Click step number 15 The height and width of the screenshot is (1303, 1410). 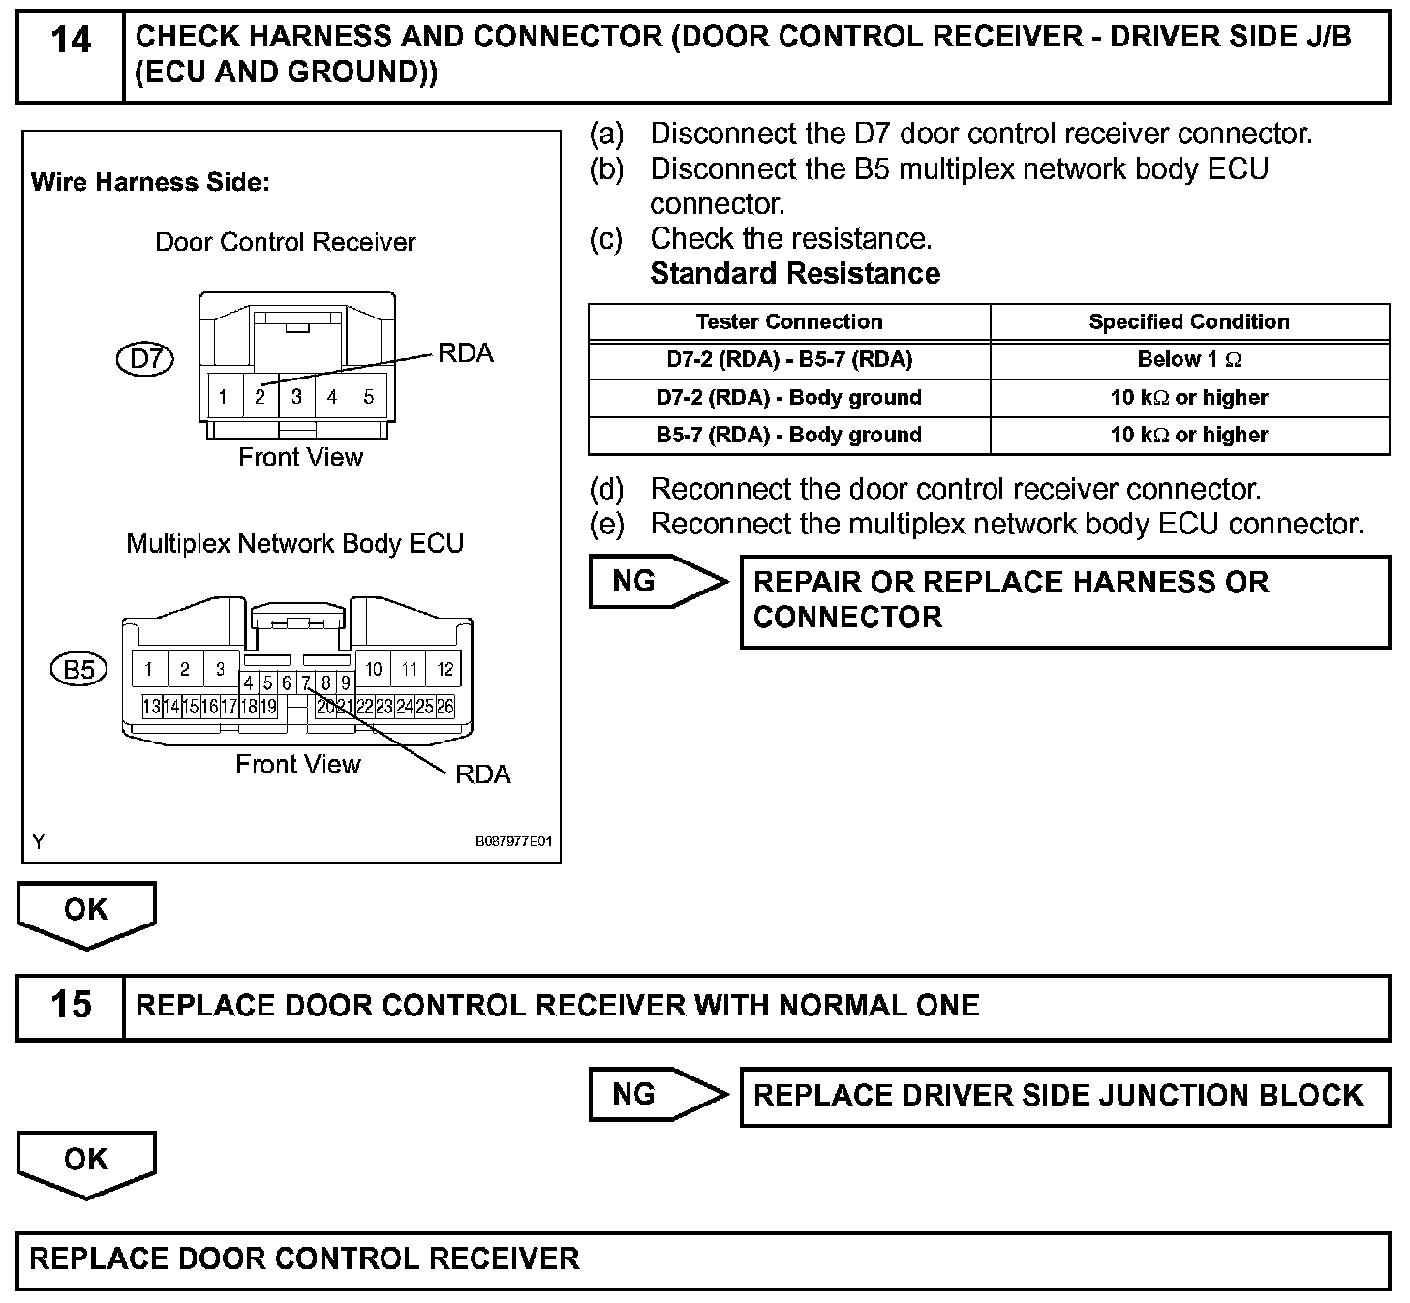click(71, 1006)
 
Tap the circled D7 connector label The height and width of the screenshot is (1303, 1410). click(145, 360)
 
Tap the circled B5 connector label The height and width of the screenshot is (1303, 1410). click(79, 670)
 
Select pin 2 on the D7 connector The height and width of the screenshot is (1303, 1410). click(260, 397)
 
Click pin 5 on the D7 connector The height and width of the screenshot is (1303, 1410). click(369, 397)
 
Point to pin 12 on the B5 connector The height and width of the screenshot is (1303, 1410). click(444, 669)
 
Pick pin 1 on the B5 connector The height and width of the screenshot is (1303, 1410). click(149, 669)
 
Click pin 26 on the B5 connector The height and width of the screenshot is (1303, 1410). click(444, 707)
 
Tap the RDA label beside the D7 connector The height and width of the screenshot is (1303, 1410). click(466, 353)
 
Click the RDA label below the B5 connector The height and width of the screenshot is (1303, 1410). click(482, 774)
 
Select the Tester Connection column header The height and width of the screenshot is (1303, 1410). click(788, 322)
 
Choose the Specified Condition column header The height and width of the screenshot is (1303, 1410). click(1188, 322)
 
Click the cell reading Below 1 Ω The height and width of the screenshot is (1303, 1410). click(1188, 360)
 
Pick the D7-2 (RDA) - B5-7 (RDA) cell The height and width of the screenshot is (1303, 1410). click(788, 360)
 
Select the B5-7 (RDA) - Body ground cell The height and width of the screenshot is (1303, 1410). click(788, 436)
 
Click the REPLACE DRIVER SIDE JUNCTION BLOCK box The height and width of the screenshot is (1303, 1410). click(1063, 1096)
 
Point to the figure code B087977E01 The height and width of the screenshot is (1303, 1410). click(513, 842)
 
